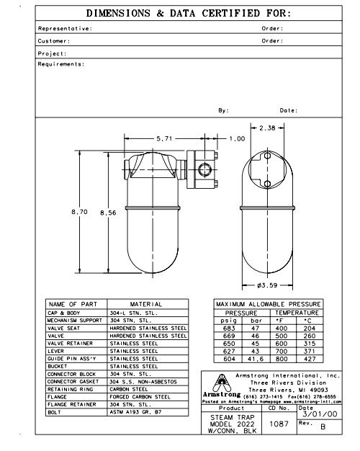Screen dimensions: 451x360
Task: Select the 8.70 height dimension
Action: click(81, 213)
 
